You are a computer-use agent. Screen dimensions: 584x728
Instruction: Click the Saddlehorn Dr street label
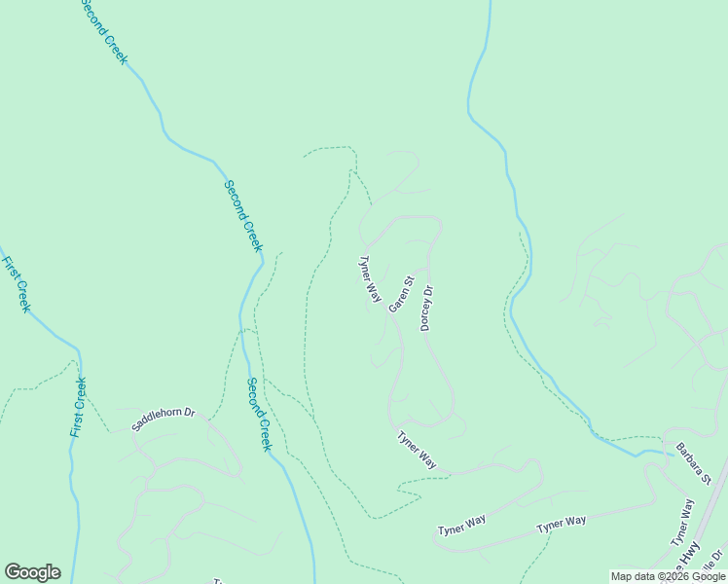click(x=164, y=420)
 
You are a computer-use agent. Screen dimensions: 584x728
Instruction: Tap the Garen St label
click(x=401, y=295)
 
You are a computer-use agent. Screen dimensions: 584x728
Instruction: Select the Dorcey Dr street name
click(x=425, y=308)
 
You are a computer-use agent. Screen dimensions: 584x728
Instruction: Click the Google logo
click(x=32, y=572)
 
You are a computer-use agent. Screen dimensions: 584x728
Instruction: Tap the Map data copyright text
click(x=669, y=576)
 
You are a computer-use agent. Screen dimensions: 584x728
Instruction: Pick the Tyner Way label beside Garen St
click(x=370, y=278)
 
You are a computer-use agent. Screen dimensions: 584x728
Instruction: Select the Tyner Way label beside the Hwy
click(x=682, y=522)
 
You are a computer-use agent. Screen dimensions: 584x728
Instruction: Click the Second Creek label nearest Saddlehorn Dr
click(x=258, y=414)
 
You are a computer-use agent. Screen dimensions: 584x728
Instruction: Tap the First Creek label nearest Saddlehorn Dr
click(x=78, y=406)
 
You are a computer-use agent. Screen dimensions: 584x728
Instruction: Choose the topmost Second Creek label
click(x=103, y=32)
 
